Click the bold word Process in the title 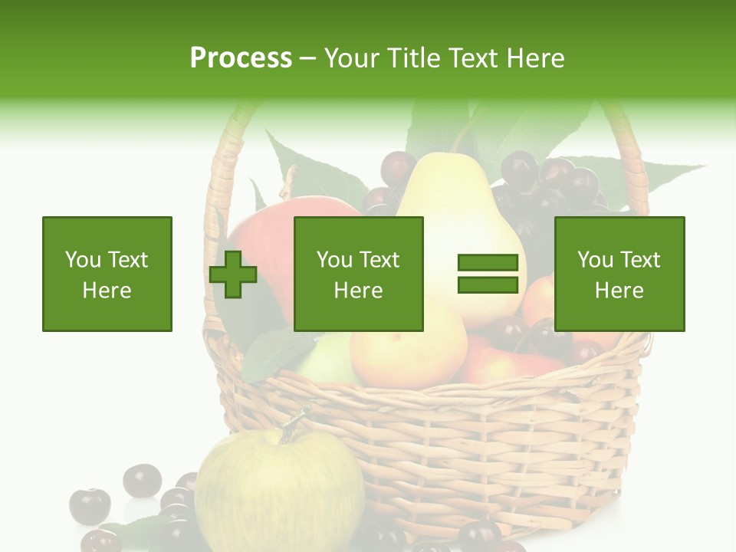click(x=241, y=58)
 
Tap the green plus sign click(x=233, y=274)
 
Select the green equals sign click(x=488, y=274)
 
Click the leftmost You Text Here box click(x=107, y=274)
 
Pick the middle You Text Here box click(x=359, y=274)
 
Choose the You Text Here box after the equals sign click(x=619, y=274)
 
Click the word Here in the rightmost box click(x=619, y=291)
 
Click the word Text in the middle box click(x=379, y=260)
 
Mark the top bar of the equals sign click(x=488, y=263)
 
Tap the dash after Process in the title click(x=308, y=58)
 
